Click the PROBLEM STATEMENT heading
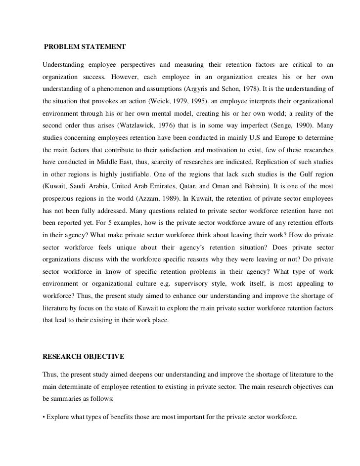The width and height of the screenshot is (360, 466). coord(85,47)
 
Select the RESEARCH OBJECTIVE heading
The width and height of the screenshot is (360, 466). coord(84,356)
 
